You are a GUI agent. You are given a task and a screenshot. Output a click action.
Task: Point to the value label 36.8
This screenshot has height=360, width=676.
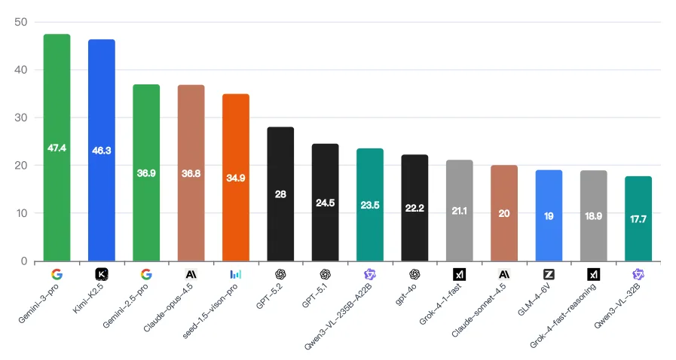pos(191,173)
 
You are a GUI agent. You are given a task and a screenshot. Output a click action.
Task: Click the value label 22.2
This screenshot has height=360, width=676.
pos(414,208)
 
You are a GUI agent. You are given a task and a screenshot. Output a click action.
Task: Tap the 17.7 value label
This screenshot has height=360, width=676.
pos(638,219)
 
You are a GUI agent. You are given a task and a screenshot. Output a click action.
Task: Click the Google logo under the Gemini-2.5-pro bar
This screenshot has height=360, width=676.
pos(146,275)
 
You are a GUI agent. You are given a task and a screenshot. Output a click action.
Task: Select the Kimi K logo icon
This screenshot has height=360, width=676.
pos(102,275)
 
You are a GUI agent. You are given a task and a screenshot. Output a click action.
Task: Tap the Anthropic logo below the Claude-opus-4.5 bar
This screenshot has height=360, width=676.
pos(191,275)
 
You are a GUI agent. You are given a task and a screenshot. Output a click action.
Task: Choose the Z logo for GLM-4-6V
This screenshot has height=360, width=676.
pos(549,275)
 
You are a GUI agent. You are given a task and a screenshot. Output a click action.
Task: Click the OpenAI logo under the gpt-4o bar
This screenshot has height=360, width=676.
pos(414,275)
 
